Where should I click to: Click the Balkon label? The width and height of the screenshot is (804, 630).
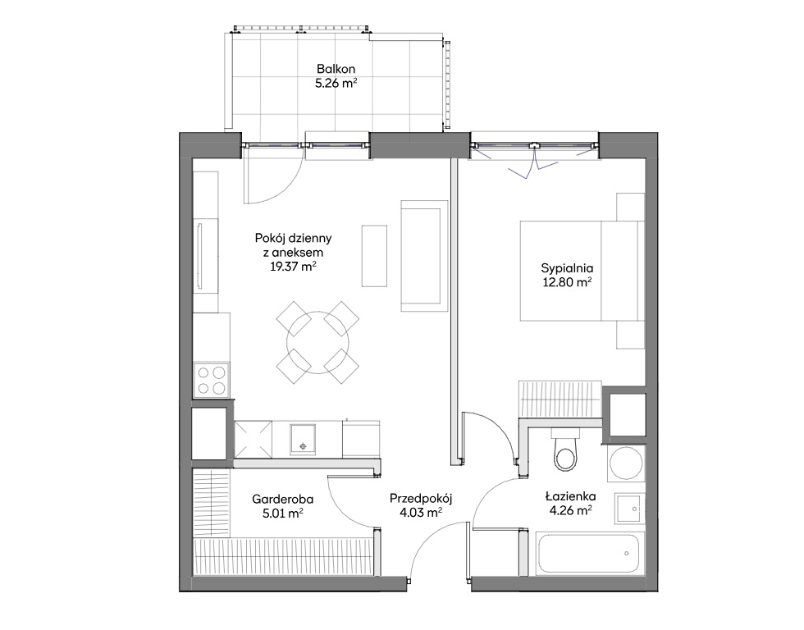[336, 69]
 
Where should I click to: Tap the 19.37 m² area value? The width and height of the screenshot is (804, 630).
[293, 266]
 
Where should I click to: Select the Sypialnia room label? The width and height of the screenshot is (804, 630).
[567, 268]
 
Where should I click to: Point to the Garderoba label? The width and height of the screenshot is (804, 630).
[282, 499]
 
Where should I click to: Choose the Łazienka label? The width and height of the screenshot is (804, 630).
[570, 496]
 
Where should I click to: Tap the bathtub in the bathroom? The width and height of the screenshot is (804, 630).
[590, 555]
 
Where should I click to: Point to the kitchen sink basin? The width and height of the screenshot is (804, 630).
[303, 440]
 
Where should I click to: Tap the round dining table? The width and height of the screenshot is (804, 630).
[318, 342]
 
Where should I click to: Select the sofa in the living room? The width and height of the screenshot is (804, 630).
[424, 256]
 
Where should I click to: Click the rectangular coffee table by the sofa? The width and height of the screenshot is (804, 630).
[374, 256]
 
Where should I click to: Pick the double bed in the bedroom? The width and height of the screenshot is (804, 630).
[582, 271]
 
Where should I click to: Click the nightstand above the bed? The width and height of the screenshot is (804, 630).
[631, 207]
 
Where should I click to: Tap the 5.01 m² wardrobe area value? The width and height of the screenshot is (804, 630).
[283, 513]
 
